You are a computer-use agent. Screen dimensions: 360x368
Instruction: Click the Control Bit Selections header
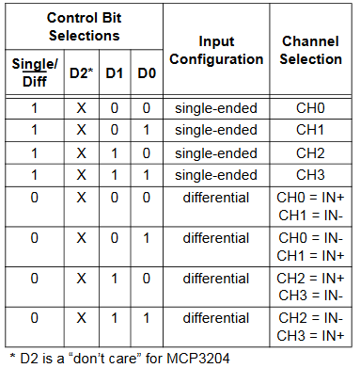pos(85,26)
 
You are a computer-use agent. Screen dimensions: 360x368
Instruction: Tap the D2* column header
pos(81,73)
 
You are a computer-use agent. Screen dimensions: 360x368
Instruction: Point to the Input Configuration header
pos(216,51)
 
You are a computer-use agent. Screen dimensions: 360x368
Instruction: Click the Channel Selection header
pos(311,51)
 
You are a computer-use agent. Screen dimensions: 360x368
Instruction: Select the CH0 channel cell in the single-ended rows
pos(311,109)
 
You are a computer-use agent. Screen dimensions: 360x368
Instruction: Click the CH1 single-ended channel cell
pos(311,131)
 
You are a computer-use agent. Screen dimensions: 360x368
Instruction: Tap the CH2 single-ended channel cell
pos(311,152)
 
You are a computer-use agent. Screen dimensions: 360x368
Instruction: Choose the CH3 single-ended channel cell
pos(311,174)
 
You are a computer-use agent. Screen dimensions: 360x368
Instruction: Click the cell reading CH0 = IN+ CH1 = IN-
pos(311,206)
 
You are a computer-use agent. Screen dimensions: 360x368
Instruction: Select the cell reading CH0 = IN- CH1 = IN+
pos(311,247)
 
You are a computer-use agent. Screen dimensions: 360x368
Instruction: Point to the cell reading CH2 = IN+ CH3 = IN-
pos(311,287)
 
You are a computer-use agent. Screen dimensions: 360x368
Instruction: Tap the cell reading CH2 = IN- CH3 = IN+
pos(311,327)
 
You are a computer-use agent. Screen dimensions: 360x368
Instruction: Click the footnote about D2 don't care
pos(118,357)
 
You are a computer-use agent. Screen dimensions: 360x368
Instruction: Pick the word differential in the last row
pos(216,318)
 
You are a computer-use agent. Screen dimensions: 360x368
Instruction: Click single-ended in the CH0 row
pos(216,109)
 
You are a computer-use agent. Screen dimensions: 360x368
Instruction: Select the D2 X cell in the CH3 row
pos(81,174)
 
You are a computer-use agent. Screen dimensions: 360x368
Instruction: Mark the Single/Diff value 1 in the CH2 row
pos(34,152)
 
